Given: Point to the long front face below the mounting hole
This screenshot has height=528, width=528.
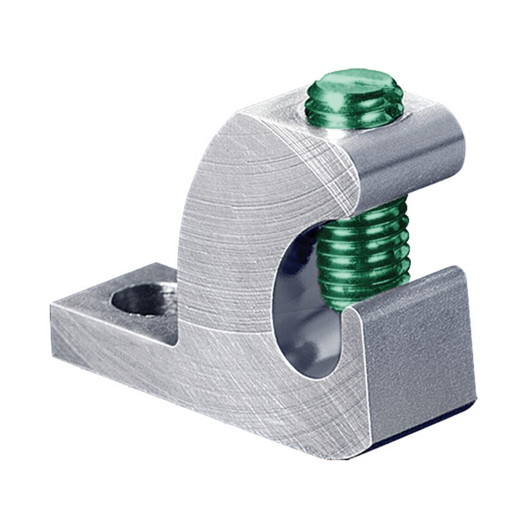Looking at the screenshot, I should point(160,371).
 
